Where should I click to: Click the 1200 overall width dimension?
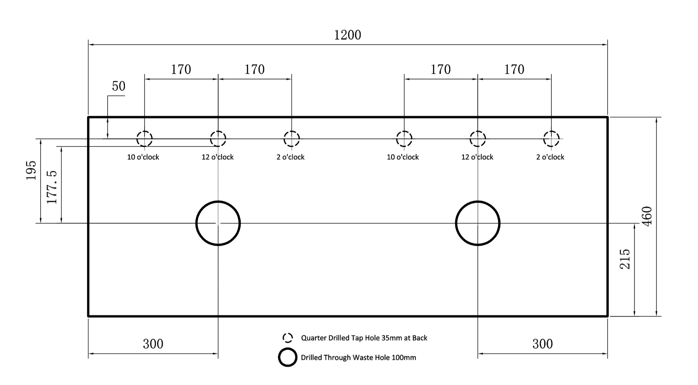347,35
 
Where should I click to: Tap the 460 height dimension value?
647,216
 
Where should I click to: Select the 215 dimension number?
625,259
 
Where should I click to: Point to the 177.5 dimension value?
52,187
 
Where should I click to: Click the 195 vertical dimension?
31,170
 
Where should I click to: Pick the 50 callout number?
119,86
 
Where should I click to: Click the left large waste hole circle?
196,223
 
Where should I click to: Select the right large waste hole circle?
456,223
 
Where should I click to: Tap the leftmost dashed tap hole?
137,139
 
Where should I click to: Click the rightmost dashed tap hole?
544,139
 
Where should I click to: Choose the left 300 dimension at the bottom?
153,344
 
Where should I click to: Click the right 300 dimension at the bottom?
542,344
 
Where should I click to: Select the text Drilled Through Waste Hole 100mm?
358,358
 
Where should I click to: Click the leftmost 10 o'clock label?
143,157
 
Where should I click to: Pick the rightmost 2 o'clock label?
550,157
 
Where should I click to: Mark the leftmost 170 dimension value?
181,69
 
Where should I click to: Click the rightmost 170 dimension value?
514,69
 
